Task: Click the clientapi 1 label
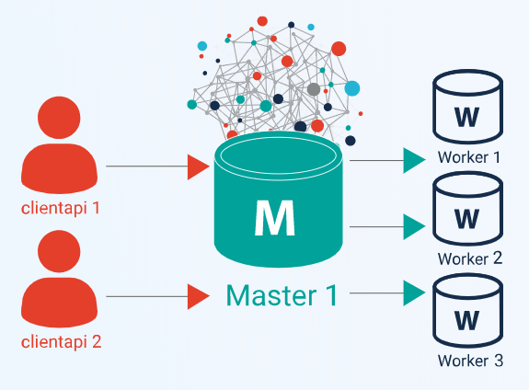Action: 61,208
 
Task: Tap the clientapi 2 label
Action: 61,342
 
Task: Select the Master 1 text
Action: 282,295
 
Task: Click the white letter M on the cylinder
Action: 275,218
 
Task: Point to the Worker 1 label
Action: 469,157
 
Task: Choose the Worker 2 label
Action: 470,258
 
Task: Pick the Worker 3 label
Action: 470,361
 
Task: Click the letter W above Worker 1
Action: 467,117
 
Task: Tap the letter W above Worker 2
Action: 467,219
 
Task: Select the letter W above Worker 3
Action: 467,320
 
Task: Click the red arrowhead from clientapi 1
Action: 199,166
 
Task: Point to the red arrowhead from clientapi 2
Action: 199,296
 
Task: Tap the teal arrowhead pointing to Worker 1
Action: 414,161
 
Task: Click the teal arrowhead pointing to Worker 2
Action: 414,226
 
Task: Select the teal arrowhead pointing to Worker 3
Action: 414,293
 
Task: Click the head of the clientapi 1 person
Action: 59,118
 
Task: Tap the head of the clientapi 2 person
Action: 59,251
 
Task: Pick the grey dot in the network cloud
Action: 314,89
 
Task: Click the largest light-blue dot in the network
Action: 351,88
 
